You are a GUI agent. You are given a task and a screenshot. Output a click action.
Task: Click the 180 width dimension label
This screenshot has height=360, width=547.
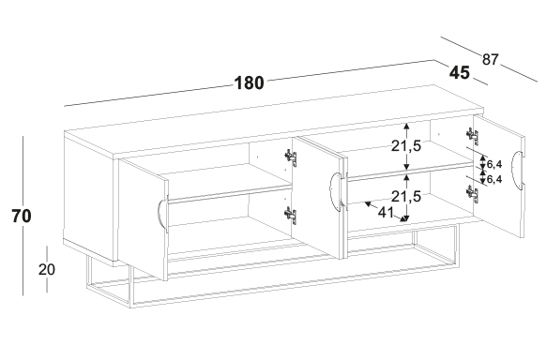pos(249,83)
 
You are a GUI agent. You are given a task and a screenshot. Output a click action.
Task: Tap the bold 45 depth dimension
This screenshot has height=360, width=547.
pos(460,73)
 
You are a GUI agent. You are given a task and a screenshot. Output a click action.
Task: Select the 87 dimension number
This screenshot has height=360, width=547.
pos(491,60)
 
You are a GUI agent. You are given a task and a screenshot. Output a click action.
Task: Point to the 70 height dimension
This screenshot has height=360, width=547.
pos(22,216)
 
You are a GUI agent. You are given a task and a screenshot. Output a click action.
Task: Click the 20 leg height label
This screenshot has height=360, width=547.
pos(47,269)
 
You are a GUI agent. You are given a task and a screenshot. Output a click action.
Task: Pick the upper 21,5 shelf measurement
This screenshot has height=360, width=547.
pos(406,146)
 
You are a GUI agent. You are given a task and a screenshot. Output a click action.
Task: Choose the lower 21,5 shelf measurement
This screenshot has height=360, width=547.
pos(406,197)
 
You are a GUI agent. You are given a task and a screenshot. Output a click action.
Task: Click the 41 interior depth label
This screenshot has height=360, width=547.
pos(386,212)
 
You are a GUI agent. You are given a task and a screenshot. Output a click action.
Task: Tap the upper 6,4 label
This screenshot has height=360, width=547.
pos(494,164)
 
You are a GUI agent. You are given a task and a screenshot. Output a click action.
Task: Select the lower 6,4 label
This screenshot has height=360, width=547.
pos(494,179)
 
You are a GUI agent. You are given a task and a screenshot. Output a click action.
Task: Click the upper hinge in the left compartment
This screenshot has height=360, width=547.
pos(291,157)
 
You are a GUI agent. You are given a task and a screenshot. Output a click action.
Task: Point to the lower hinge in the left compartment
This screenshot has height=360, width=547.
pos(291,216)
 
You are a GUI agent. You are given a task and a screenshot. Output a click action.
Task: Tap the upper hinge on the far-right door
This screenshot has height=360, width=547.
pos(473,136)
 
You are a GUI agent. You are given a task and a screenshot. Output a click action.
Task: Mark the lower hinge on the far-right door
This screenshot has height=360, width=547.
pos(473,194)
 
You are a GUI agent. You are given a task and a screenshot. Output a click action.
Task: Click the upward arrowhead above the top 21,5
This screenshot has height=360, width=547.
pos(406,127)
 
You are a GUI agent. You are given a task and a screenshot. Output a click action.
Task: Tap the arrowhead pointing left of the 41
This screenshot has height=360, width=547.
pos(368,203)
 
